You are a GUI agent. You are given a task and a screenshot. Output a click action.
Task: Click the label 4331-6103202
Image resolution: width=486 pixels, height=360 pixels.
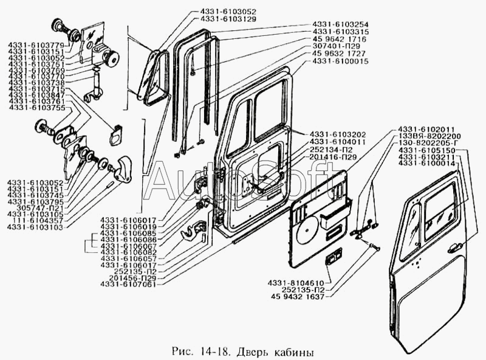pyautogui.click(x=337, y=134)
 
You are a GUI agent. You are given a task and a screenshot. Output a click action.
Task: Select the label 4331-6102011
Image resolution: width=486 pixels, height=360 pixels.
pyautogui.click(x=426, y=129)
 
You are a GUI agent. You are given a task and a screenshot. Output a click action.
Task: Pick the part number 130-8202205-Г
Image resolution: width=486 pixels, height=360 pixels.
pyautogui.click(x=428, y=143)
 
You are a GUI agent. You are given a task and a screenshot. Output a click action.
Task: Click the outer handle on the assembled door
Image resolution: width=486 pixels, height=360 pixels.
pyautogui.click(x=451, y=247)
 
